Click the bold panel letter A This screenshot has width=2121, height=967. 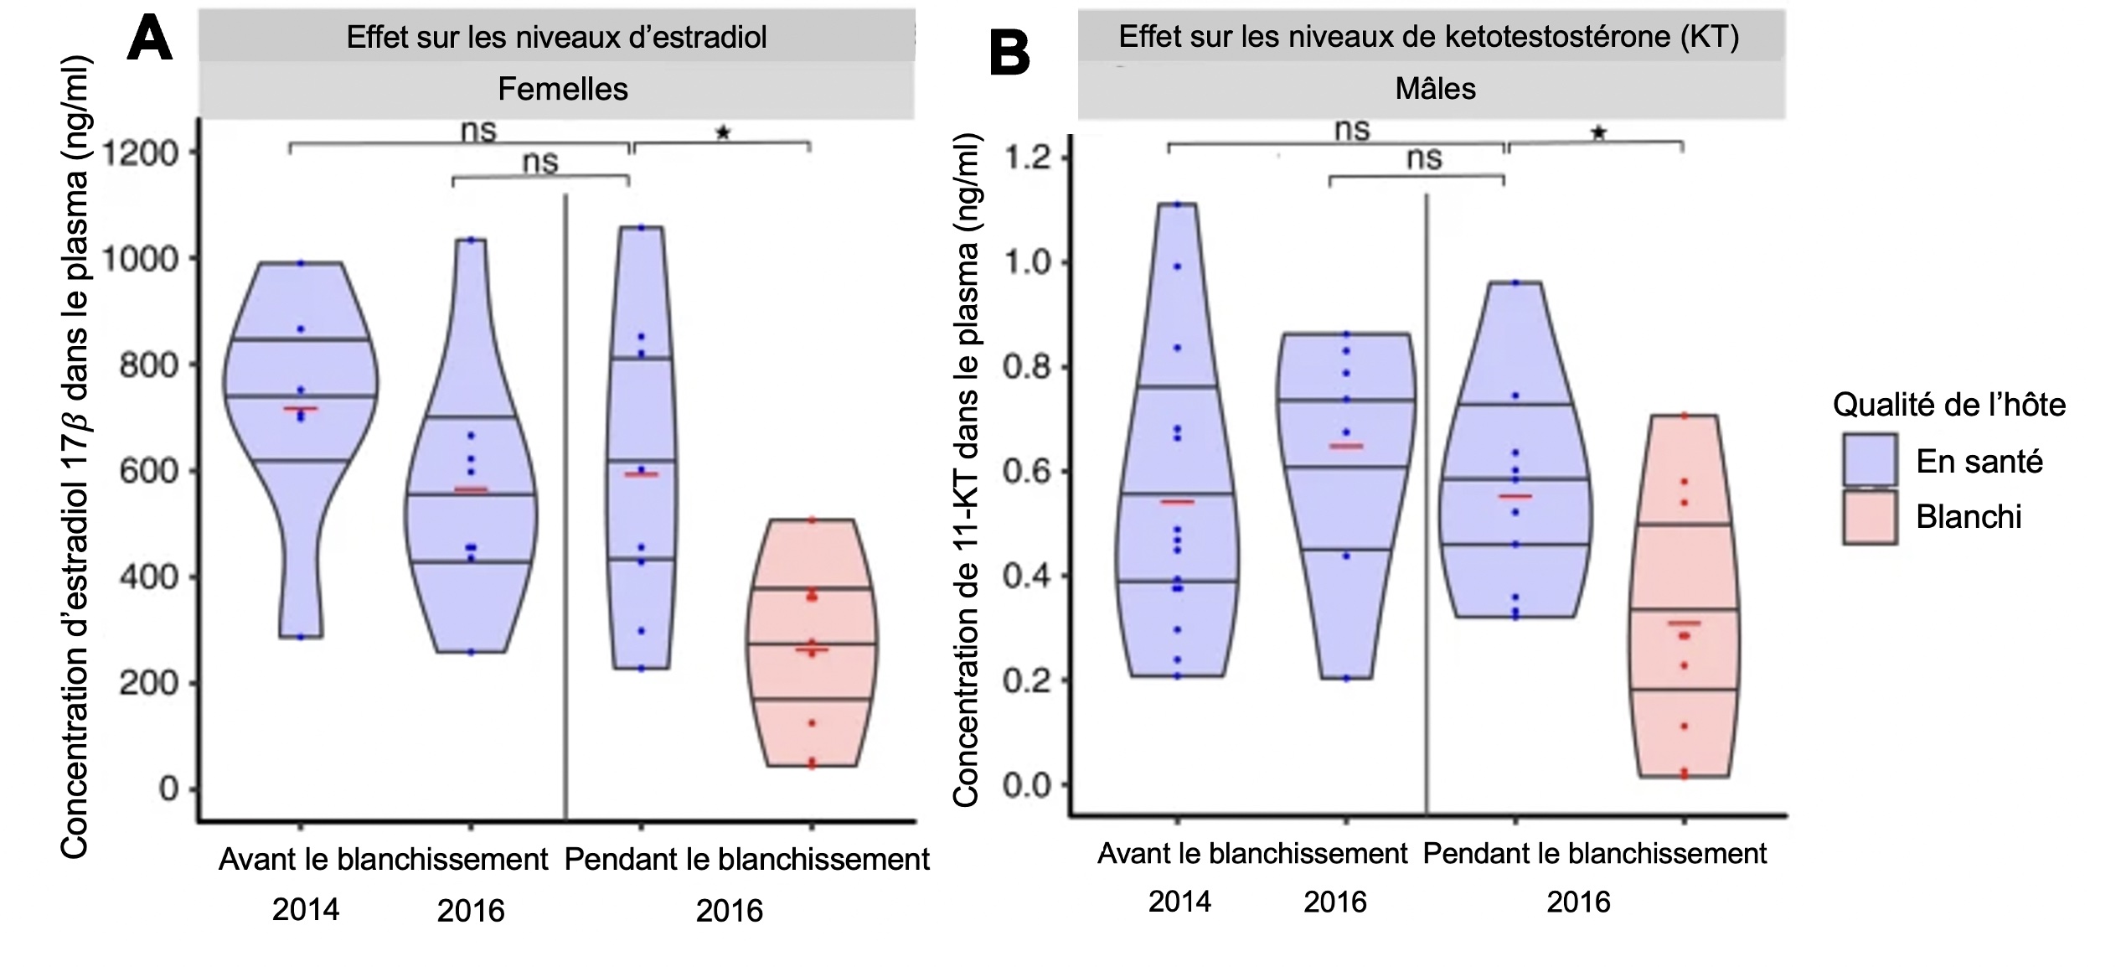tap(150, 39)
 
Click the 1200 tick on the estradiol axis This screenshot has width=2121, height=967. tap(140, 153)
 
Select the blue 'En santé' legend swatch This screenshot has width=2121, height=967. tap(1870, 460)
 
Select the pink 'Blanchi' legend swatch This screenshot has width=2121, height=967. tap(1870, 517)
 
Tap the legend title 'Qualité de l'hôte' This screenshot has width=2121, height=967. tap(1948, 405)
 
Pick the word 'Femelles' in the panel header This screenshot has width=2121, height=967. tap(563, 89)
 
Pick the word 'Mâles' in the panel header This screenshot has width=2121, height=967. tap(1435, 88)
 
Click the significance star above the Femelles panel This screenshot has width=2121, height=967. tap(723, 132)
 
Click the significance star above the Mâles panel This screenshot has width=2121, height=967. tap(1598, 132)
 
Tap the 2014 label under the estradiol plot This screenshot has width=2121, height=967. tap(306, 909)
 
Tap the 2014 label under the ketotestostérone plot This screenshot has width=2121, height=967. tap(1179, 902)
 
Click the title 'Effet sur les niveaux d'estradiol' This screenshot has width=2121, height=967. tap(556, 37)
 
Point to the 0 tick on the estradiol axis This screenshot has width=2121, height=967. tap(168, 789)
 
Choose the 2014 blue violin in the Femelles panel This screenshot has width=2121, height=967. tap(302, 402)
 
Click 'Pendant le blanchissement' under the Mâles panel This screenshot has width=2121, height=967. tap(1594, 854)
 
